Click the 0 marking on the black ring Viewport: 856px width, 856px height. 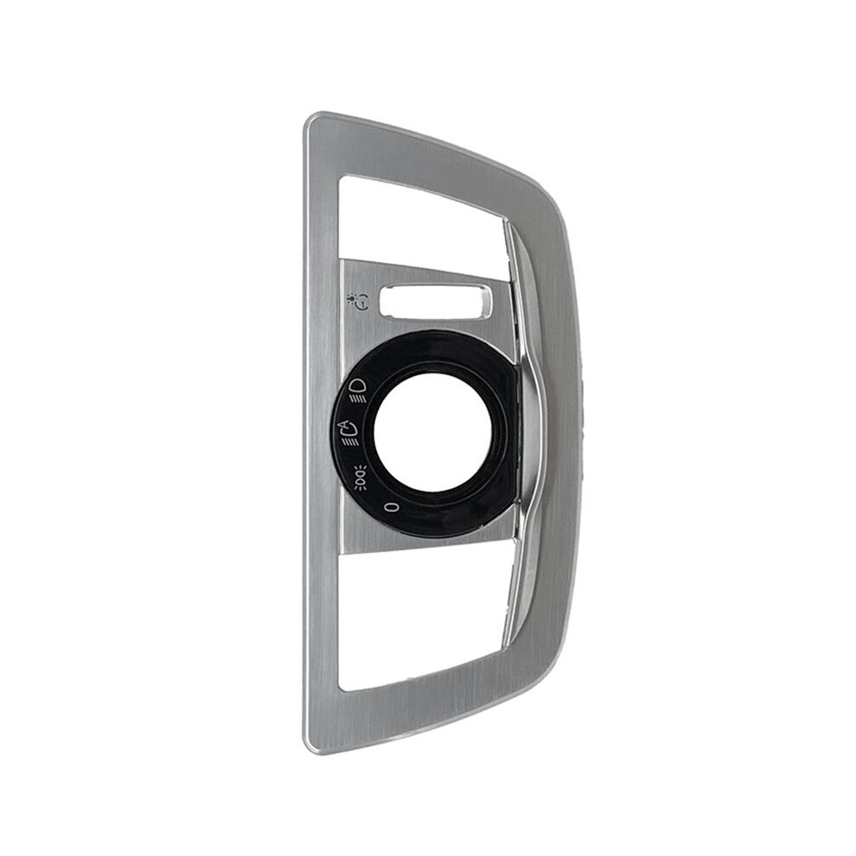(390, 508)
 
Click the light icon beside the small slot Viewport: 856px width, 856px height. (358, 302)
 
